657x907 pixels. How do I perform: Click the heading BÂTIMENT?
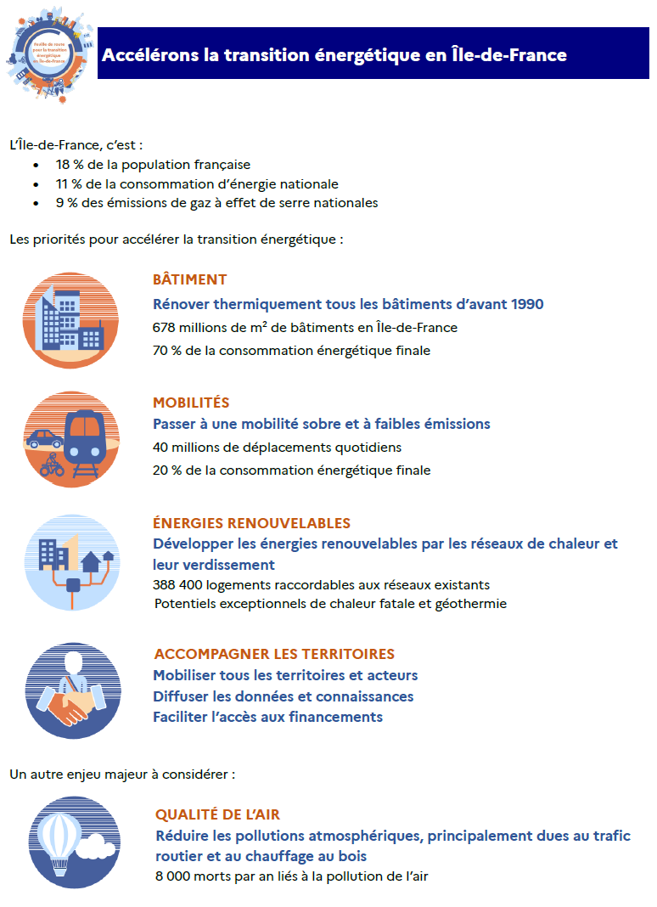coord(189,279)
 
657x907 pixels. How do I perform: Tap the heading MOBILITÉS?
coord(191,403)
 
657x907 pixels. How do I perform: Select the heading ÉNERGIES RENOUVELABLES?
coord(251,523)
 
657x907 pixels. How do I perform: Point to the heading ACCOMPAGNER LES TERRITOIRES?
coord(274,654)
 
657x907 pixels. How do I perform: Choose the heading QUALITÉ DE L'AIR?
coord(218,814)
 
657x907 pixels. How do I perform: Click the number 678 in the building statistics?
coord(165,327)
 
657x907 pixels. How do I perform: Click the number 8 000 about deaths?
coord(174,876)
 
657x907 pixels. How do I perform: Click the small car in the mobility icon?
coord(45,439)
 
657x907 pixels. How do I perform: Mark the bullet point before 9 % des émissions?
coord(36,204)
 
